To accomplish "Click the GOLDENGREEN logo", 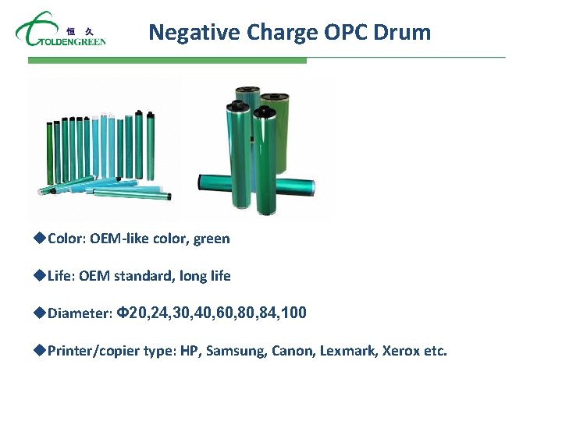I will tap(60, 31).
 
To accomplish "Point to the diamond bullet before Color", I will tap(41, 238).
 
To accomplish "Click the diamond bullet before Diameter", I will tap(41, 313).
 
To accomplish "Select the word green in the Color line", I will tap(212, 239).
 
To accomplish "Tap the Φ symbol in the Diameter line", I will tap(121, 313).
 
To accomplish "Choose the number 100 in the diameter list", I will tap(293, 313).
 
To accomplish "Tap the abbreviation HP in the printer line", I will tap(190, 351).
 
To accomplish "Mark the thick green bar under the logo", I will tap(167, 60).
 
